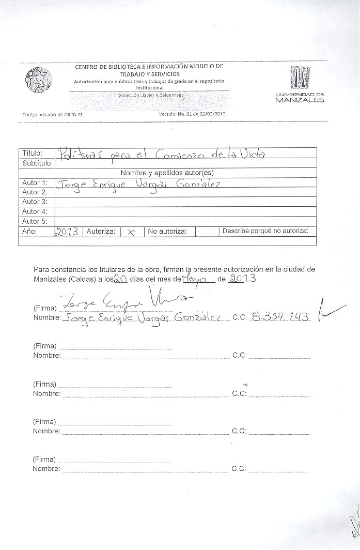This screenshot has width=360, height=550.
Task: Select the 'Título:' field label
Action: pos(32,153)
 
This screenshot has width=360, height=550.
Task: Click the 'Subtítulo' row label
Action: pos(36,163)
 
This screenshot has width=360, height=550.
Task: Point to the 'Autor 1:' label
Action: pos(35,182)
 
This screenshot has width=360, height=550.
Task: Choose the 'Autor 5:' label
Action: pos(35,221)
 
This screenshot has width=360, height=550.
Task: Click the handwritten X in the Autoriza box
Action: pos(131,233)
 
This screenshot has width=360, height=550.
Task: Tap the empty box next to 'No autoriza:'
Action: pos(204,232)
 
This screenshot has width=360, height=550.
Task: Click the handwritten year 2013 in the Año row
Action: pos(67,232)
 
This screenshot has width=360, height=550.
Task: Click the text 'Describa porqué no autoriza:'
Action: pos(265,231)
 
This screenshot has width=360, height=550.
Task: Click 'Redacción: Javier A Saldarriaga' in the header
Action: pos(150,95)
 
